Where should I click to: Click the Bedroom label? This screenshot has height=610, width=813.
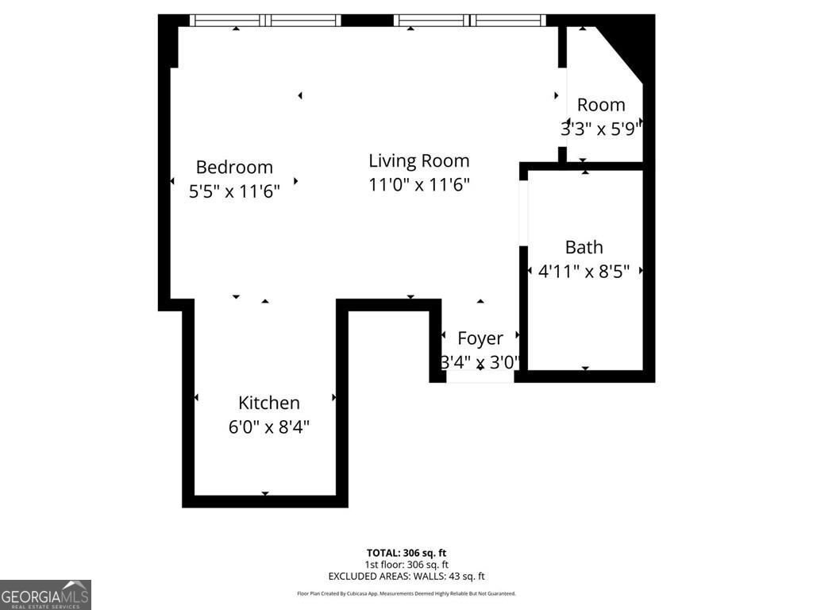tap(234, 167)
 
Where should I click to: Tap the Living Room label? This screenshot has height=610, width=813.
tap(418, 160)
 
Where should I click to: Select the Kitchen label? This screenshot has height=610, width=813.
tap(269, 403)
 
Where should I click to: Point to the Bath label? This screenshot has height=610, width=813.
tap(584, 247)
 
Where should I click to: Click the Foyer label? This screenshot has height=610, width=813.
tap(480, 338)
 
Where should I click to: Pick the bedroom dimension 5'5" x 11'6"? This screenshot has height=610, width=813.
tap(234, 191)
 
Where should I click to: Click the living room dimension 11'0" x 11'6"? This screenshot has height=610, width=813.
tap(419, 185)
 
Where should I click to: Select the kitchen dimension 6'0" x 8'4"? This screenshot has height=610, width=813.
tap(269, 427)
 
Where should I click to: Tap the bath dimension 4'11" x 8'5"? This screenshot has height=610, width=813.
tap(584, 271)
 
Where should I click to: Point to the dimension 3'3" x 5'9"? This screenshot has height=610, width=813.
tap(601, 129)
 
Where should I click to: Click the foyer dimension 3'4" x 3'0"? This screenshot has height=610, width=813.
tap(480, 362)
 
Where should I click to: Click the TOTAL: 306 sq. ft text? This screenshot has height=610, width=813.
tap(406, 553)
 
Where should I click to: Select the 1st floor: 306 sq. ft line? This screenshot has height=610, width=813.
tap(406, 565)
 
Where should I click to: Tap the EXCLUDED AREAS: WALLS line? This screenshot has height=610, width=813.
tap(406, 577)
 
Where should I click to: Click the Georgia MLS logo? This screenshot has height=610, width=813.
tap(45, 594)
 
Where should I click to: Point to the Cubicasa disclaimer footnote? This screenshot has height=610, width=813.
tap(406, 593)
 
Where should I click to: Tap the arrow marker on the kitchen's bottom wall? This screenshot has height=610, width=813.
tap(265, 494)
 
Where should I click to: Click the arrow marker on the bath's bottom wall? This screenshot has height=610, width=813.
tap(585, 369)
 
